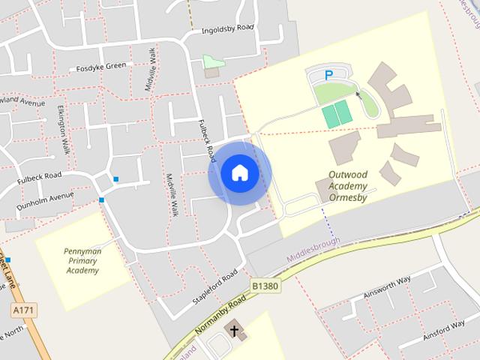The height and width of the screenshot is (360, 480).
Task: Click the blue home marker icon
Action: coord(239,172)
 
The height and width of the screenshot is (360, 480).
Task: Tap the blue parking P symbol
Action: coord(328,75)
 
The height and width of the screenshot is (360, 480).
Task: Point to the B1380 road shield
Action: coord(265,286)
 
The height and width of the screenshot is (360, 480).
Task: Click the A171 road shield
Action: coord(24,309)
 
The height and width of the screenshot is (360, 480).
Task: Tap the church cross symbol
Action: coord(233,328)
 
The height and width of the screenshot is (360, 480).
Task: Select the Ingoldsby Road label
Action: coord(228,30)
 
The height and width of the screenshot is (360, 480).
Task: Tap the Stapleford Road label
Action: coord(214,286)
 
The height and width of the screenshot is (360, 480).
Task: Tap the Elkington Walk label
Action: coord(64,130)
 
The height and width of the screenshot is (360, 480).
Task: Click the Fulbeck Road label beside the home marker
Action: coord(207,139)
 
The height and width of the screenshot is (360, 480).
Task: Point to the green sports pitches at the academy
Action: coord(337,115)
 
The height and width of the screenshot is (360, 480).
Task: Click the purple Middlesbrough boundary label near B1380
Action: coord(313,250)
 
